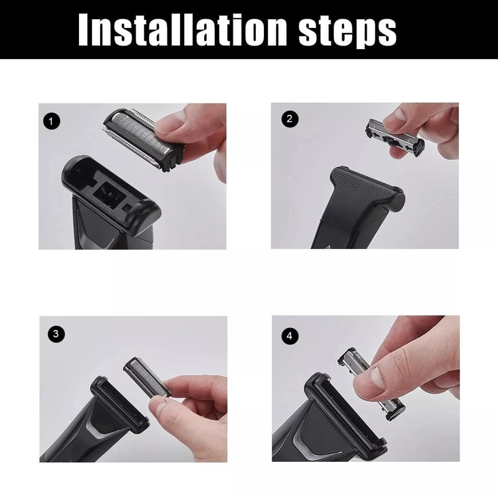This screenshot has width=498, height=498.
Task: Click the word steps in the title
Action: coord(345,29)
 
